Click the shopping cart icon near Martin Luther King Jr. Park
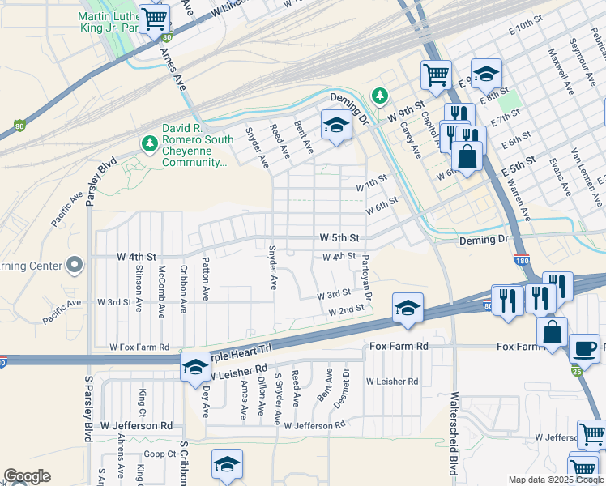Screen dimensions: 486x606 pos(154,18)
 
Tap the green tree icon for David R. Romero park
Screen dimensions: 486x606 pos(148,143)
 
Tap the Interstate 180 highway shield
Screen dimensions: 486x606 pos(522,260)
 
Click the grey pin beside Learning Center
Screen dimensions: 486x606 pos(75,265)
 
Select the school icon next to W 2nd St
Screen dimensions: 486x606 pos(408,307)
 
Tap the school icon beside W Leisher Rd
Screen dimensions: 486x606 pos(195,367)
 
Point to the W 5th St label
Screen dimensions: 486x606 pos(339,238)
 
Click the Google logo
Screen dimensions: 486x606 pos(27,476)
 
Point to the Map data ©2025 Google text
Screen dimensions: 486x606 pos(555,480)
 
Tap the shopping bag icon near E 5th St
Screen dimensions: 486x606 pos(467,155)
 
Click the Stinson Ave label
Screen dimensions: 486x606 pos(139,283)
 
